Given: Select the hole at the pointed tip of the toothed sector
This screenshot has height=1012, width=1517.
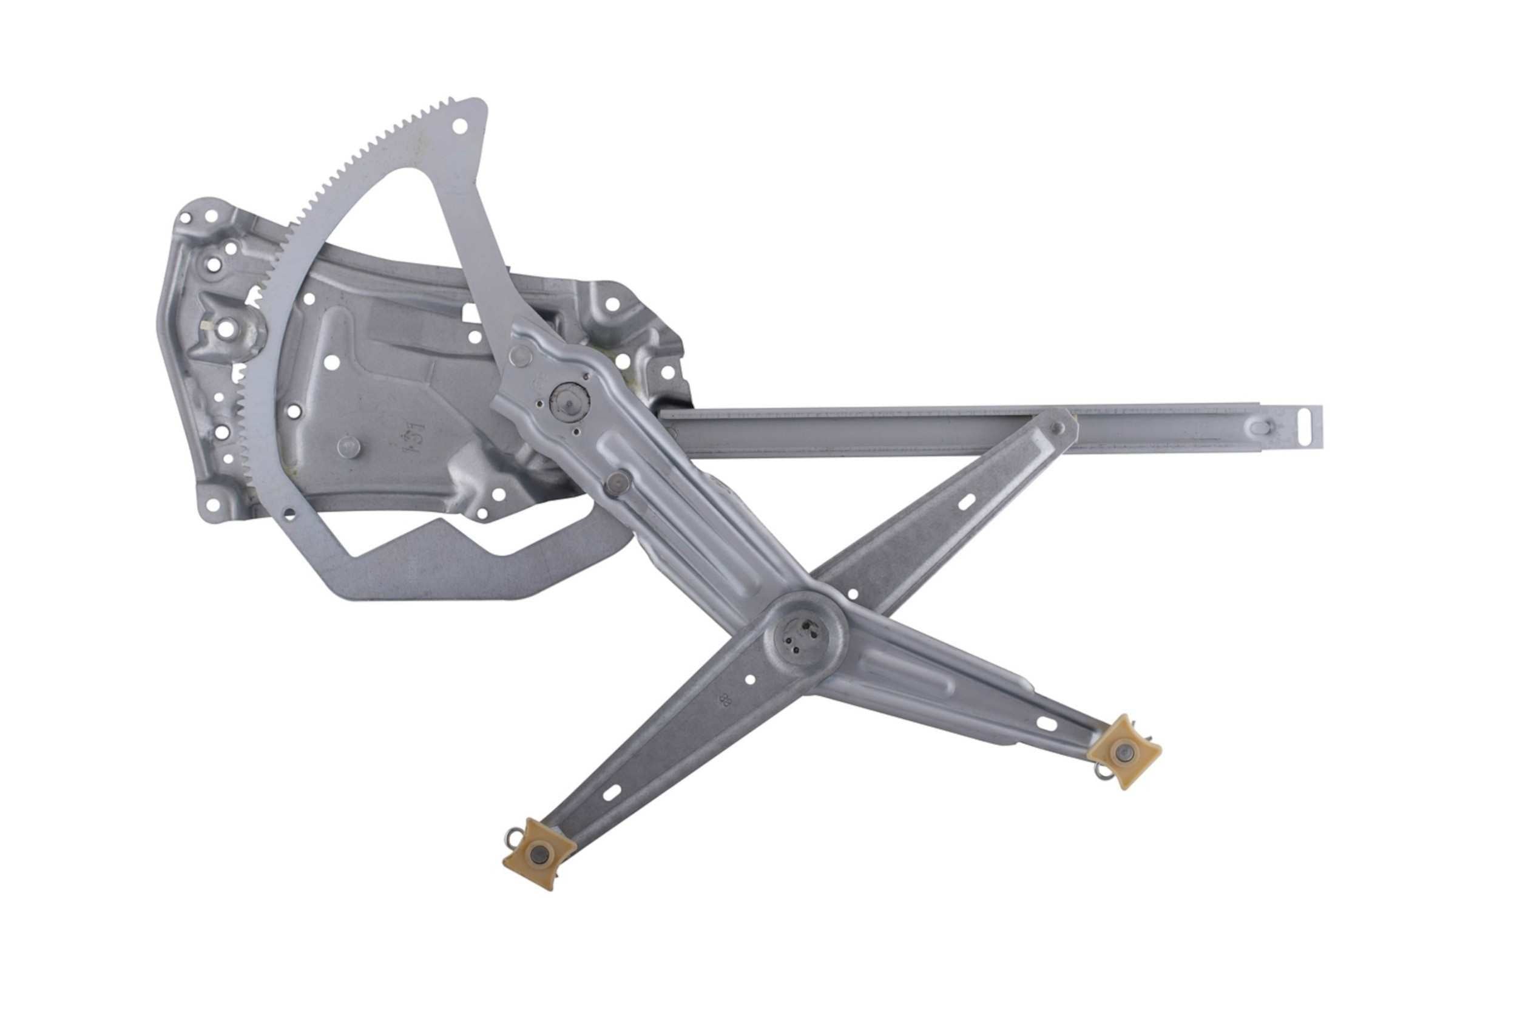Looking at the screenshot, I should point(460,125).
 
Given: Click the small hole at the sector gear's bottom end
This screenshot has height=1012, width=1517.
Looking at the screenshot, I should point(289,513).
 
